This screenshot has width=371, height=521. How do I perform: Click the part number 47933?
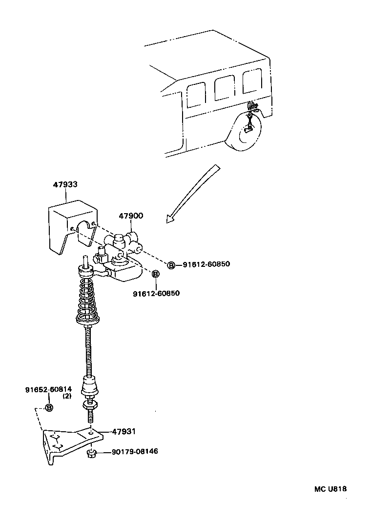coord(65,184)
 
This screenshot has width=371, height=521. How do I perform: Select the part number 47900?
coord(130,216)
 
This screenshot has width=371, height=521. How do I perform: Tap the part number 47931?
coord(124,432)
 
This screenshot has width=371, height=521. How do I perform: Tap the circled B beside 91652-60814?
coord(49,408)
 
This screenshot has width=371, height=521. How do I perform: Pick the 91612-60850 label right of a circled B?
coord(206,264)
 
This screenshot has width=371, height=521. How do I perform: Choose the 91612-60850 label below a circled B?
coord(156,293)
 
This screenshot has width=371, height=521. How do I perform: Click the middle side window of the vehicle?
coord(224,88)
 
